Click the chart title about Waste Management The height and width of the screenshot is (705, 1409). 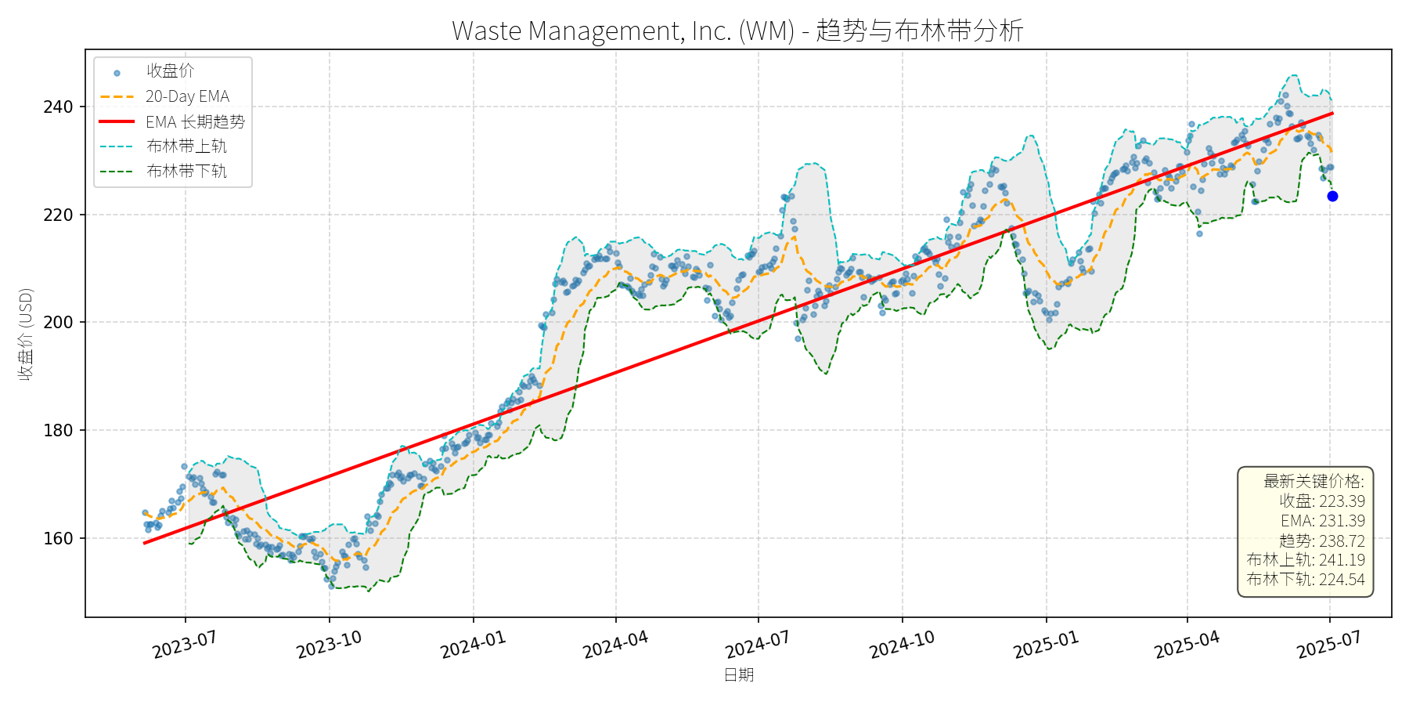(737, 31)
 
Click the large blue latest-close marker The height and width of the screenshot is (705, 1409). (1332, 197)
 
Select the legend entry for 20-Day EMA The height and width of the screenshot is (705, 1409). (187, 97)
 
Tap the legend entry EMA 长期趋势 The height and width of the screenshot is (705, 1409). (195, 122)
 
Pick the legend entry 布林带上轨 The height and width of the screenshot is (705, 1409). (186, 146)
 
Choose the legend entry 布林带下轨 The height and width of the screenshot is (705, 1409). (186, 172)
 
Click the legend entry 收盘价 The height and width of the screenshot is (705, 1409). (170, 71)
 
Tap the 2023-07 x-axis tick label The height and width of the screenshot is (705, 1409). (185, 645)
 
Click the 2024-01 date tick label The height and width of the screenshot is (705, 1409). (473, 645)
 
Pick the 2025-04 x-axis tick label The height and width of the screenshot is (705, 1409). (1187, 645)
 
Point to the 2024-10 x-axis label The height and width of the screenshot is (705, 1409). (902, 645)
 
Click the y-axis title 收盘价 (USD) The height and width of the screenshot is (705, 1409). (26, 334)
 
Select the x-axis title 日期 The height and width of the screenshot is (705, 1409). (738, 675)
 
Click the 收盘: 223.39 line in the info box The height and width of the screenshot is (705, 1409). (1321, 501)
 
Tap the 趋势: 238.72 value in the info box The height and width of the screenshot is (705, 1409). (1321, 540)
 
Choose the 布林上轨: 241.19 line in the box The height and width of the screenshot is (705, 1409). (1305, 560)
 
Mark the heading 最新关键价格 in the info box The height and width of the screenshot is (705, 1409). (1313, 481)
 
